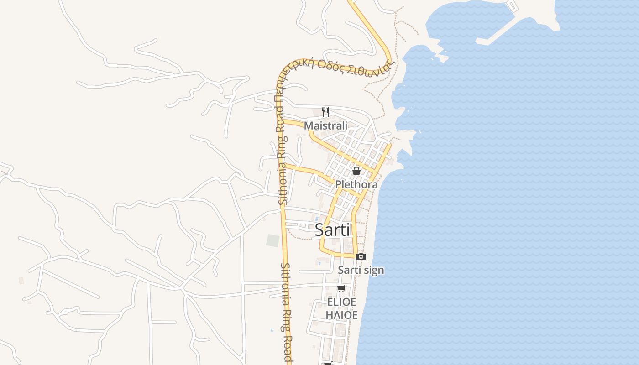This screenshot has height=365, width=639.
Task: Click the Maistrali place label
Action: click(x=325, y=125)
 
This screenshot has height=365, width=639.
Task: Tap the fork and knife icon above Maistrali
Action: click(x=325, y=112)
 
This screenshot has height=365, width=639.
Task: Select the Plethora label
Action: click(x=356, y=184)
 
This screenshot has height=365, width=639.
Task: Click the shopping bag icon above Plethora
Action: click(x=356, y=171)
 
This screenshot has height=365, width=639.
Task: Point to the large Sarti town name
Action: click(x=332, y=230)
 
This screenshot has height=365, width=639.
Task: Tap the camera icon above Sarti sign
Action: click(x=361, y=257)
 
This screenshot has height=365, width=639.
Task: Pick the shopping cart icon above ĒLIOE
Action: click(x=341, y=288)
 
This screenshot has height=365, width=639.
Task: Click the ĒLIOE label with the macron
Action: click(x=341, y=302)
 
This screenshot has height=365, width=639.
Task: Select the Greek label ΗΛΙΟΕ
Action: click(x=341, y=315)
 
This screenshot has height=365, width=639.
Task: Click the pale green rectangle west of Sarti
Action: click(x=272, y=240)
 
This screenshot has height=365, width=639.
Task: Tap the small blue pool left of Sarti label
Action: click(x=316, y=219)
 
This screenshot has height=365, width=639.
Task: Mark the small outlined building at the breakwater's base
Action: click(x=513, y=5)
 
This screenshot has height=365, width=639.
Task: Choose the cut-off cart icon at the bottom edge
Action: click(x=328, y=363)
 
